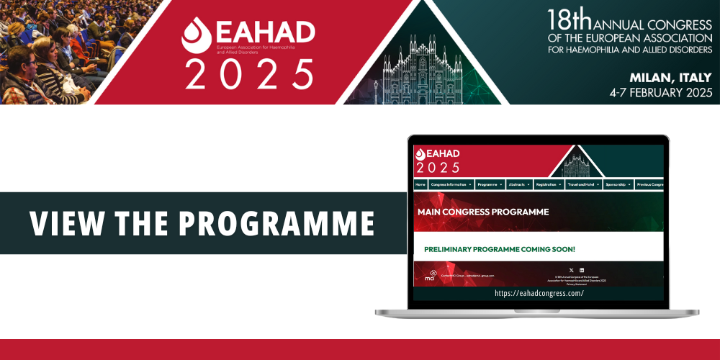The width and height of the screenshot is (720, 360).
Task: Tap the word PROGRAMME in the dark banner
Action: pyautogui.click(x=276, y=224)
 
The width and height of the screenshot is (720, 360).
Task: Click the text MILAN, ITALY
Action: pyautogui.click(x=670, y=78)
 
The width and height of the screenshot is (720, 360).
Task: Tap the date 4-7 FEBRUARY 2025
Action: pyautogui.click(x=660, y=93)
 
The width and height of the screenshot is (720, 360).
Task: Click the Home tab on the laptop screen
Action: pyautogui.click(x=420, y=184)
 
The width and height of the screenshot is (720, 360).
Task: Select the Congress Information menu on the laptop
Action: pyautogui.click(x=451, y=184)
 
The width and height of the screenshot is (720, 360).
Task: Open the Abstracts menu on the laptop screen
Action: pyautogui.click(x=518, y=184)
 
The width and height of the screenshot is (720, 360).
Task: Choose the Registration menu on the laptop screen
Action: pyautogui.click(x=549, y=184)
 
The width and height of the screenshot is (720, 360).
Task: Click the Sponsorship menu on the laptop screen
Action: pyautogui.click(x=617, y=184)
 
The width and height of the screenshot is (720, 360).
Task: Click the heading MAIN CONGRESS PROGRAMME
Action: pyautogui.click(x=482, y=212)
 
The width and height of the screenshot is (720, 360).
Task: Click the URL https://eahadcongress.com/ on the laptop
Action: pyautogui.click(x=539, y=293)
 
